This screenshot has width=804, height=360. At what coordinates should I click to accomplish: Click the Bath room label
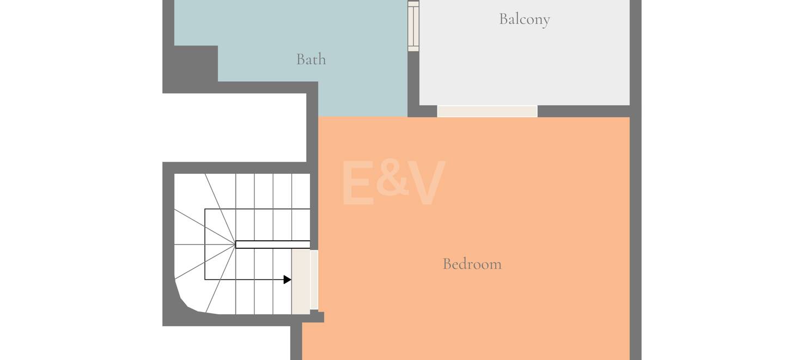point(311,59)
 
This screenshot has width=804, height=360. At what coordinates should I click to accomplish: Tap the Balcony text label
point(525,20)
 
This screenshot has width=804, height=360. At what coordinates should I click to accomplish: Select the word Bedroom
point(472,264)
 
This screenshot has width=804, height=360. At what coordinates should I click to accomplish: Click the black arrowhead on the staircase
point(287,279)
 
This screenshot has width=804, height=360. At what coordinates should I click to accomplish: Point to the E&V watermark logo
point(393,182)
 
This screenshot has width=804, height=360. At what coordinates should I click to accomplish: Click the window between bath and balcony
point(413,26)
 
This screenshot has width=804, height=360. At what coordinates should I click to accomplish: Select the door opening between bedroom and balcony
point(487,111)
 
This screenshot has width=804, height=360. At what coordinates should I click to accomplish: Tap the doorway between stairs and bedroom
point(304,282)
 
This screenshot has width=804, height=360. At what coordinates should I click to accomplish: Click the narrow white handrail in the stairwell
point(273,245)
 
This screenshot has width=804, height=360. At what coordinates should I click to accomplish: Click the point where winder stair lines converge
point(235,245)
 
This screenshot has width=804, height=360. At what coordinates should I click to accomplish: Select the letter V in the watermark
point(427,182)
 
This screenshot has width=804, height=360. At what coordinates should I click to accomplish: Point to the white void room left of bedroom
point(234,127)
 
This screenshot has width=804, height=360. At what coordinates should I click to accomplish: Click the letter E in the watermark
point(357,182)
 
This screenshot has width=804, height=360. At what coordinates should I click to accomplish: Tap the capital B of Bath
point(301,59)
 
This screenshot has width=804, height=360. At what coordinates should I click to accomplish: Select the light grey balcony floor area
point(525,57)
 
